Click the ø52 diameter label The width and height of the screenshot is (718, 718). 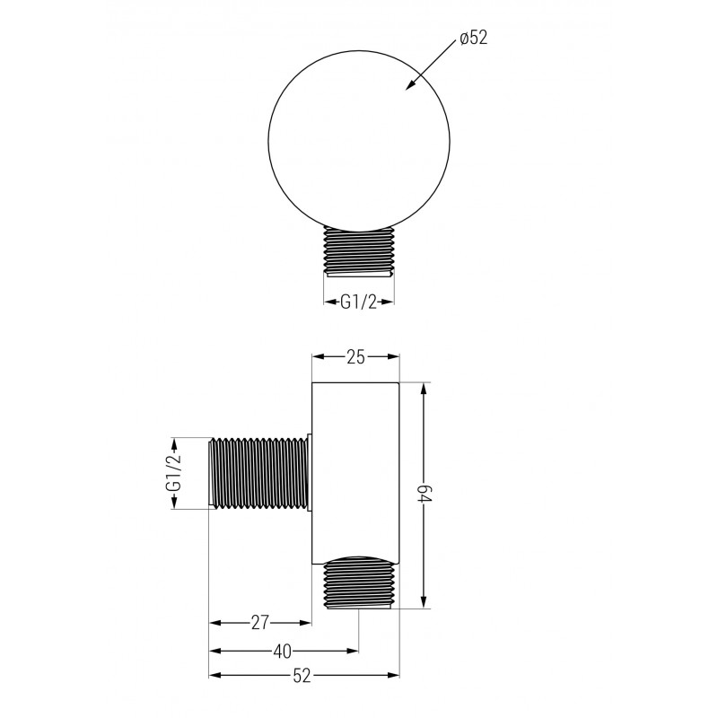[472, 39]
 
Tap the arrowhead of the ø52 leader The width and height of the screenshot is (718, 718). [410, 87]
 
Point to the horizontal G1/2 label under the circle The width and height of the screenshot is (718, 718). [358, 302]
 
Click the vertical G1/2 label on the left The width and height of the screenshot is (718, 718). [174, 473]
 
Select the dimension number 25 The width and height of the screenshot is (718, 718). [355, 357]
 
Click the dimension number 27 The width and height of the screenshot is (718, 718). [260, 622]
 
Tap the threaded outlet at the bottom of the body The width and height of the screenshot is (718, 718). [359, 582]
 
